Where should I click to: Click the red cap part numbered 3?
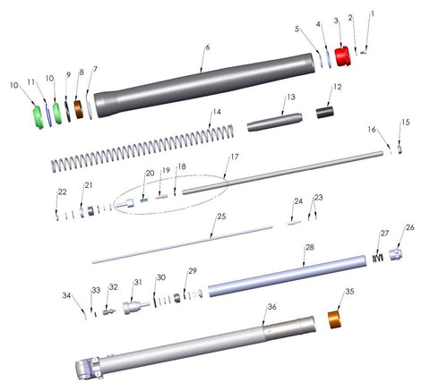342,56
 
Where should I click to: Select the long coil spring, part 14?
142,149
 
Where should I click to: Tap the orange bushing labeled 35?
335,319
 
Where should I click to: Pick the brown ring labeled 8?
79,109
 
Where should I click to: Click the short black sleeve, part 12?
325,112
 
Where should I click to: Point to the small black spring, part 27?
378,258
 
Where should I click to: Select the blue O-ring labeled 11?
48,114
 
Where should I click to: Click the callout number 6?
208,47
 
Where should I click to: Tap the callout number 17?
235,157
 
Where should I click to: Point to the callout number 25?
221,217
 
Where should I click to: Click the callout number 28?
310,247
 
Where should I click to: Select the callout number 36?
271,307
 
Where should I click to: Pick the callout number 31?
138,282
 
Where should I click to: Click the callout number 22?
62,191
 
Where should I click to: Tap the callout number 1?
373,13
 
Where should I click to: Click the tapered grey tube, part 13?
275,122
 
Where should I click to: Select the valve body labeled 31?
136,307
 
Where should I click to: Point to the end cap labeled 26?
396,254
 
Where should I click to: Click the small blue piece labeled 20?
144,200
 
